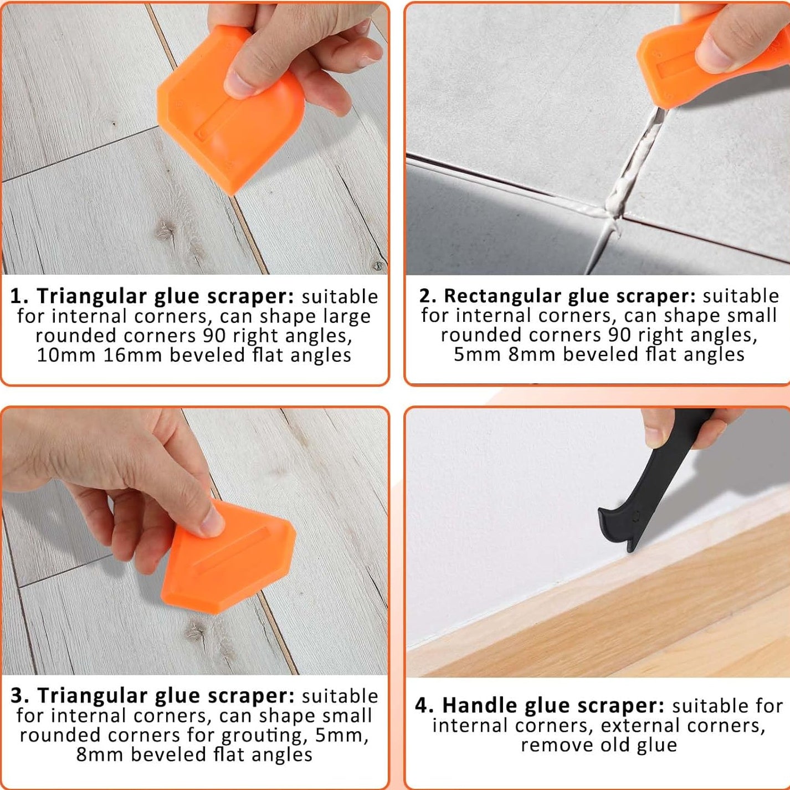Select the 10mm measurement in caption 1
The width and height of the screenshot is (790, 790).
66,355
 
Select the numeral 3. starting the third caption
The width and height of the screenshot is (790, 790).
20,696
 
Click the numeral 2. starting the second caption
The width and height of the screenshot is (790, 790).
428,296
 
